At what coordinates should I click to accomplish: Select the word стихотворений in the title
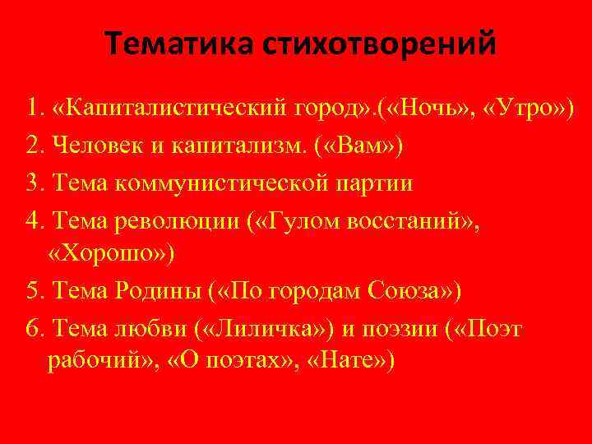tap(380, 44)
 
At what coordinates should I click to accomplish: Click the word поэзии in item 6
tap(394, 330)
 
